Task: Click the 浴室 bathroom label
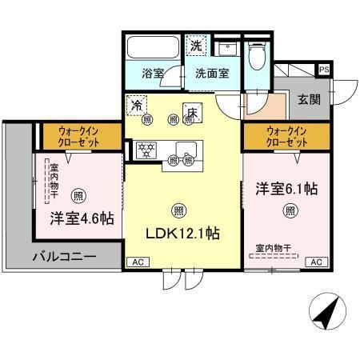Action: (x=154, y=73)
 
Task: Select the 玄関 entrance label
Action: (x=310, y=100)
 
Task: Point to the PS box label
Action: (x=323, y=70)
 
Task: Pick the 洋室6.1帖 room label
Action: (x=287, y=190)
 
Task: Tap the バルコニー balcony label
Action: (x=64, y=258)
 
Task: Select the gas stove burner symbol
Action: (x=146, y=149)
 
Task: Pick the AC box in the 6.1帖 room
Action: (x=315, y=262)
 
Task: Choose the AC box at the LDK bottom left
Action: (x=137, y=262)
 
